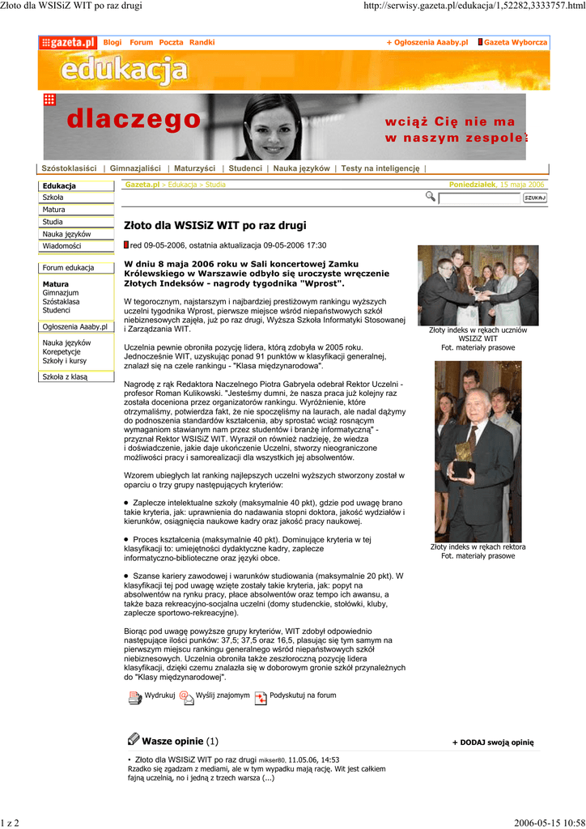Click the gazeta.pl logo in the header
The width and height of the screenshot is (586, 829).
tap(68, 42)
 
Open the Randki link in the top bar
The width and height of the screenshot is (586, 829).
tap(202, 42)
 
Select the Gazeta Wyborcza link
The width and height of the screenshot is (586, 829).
tap(515, 42)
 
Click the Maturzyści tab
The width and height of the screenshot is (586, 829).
tap(194, 168)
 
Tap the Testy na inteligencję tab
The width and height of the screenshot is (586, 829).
tap(380, 168)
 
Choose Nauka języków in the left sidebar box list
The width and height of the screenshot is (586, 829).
tap(66, 234)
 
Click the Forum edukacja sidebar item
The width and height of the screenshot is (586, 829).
tap(68, 268)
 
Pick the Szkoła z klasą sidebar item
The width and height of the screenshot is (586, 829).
tap(65, 376)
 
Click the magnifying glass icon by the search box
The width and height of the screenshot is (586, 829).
tap(430, 197)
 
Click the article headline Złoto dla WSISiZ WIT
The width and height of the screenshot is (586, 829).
tap(214, 225)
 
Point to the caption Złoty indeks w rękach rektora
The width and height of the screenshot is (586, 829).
tap(478, 547)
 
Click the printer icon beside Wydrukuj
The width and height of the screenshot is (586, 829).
tap(134, 697)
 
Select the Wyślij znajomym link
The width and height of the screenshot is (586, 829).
tap(223, 695)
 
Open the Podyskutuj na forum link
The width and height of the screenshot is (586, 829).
tap(303, 695)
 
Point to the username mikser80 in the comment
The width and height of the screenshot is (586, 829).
tap(272, 761)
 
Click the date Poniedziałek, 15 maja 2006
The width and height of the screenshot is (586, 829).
tap(497, 185)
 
